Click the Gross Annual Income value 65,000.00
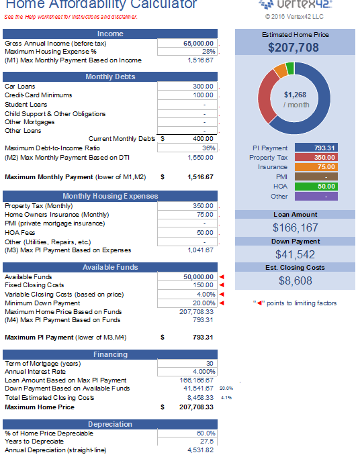coord(199,43)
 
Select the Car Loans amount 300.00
coord(204,87)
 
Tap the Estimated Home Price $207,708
coord(294,48)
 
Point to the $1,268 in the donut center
coord(296,95)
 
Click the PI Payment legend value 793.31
coord(326,148)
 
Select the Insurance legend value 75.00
coord(326,166)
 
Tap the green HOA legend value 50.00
coord(326,186)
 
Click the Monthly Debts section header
coord(110,76)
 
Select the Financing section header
coord(110,354)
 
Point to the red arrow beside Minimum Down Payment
coord(222,303)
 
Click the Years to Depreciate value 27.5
coord(207,442)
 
